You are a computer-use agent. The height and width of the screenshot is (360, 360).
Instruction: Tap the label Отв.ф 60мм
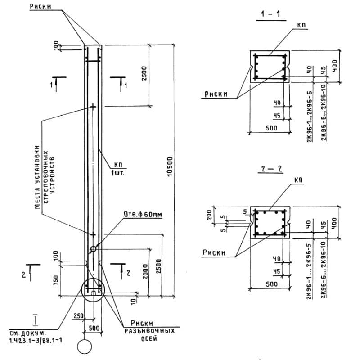143,216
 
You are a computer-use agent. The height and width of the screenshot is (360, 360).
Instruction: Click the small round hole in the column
93,248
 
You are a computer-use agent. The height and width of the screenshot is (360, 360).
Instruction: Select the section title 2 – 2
271,170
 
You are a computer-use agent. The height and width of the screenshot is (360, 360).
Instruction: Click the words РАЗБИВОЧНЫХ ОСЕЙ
144,334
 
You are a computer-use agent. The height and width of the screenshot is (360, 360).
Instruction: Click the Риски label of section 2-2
215,252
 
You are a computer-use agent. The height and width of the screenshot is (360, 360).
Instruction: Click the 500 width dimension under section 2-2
270,284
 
